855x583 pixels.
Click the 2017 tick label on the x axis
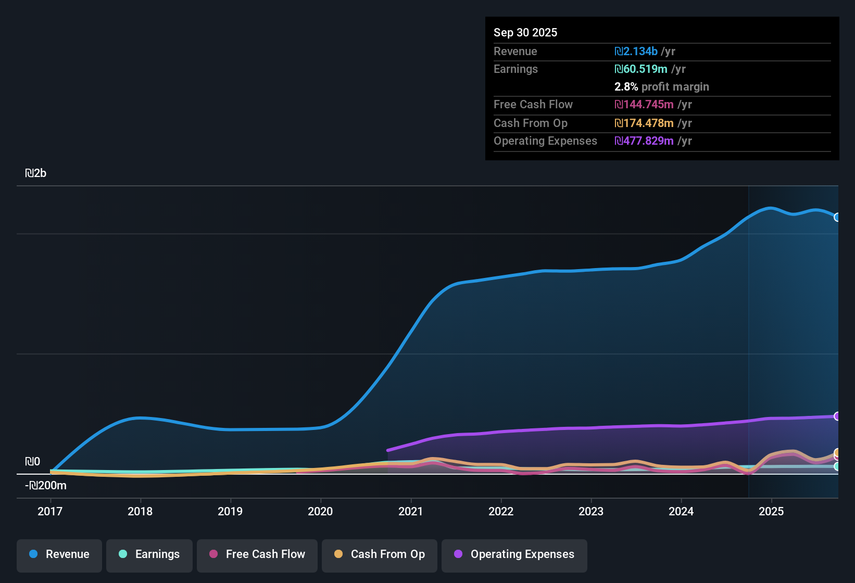pos(50,511)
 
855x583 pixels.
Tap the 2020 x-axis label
pos(320,511)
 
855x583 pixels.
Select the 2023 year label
pos(591,511)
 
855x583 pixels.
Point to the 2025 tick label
pos(771,511)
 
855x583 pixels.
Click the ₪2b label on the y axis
pos(35,173)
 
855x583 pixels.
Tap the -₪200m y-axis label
pos(46,486)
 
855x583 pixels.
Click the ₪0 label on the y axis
pos(32,462)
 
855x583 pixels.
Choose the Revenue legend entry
pos(59,554)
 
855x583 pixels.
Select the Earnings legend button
pos(149,554)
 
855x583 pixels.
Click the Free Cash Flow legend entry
pos(257,554)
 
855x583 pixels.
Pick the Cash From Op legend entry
pos(380,554)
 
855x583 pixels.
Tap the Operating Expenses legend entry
pos(514,554)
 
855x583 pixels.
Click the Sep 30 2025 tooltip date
pos(525,32)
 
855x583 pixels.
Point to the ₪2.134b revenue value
pos(636,52)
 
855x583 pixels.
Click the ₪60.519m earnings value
pos(640,69)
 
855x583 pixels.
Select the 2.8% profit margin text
pos(661,87)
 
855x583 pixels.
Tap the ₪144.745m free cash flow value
pos(644,105)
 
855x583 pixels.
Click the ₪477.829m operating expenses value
pos(644,141)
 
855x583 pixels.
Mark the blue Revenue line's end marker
pos(837,217)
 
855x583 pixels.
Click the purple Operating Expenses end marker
pos(837,416)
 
